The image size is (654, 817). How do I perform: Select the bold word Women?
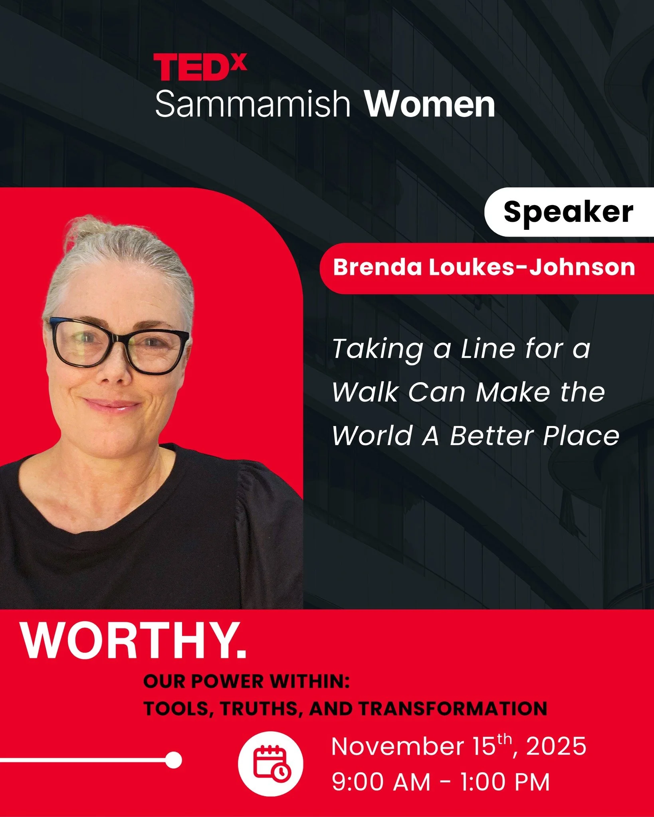click(430, 105)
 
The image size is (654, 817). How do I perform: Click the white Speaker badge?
click(568, 212)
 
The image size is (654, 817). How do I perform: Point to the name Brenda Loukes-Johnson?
click(484, 267)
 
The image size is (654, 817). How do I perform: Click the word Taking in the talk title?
click(377, 349)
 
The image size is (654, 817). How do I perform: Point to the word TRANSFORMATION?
click(452, 709)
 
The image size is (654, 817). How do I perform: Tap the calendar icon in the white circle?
click(271, 763)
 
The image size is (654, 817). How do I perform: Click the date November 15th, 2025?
click(458, 746)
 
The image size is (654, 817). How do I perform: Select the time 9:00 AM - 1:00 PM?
click(441, 782)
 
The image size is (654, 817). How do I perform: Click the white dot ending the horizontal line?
click(173, 760)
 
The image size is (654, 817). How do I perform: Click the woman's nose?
click(116, 369)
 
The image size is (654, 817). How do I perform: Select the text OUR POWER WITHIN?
click(246, 681)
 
